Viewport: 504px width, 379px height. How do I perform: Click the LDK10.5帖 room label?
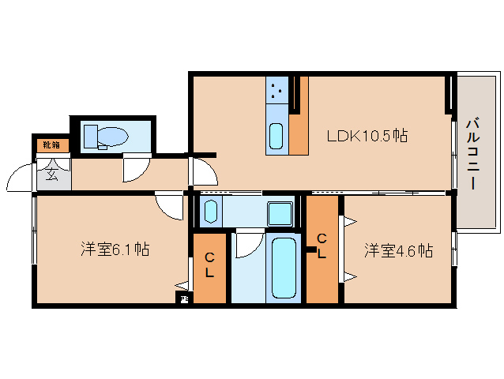pos(367,136)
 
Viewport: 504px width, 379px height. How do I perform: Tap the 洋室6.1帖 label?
pos(115,250)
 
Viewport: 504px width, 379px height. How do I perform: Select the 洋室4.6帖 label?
pos(398,251)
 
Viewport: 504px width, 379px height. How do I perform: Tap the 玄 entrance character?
pos(52,174)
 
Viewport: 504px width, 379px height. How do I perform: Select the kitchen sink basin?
pos(276,136)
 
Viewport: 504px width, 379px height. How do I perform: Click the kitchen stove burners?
pos(277,91)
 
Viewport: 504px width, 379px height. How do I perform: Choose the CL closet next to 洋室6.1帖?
pos(209,266)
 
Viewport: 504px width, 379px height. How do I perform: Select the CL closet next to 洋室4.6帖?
pos(322,247)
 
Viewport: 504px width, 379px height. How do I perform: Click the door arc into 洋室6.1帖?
pos(168,207)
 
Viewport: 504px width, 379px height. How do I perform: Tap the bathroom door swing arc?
pos(246,243)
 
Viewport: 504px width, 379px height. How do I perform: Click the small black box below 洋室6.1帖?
pos(183,298)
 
